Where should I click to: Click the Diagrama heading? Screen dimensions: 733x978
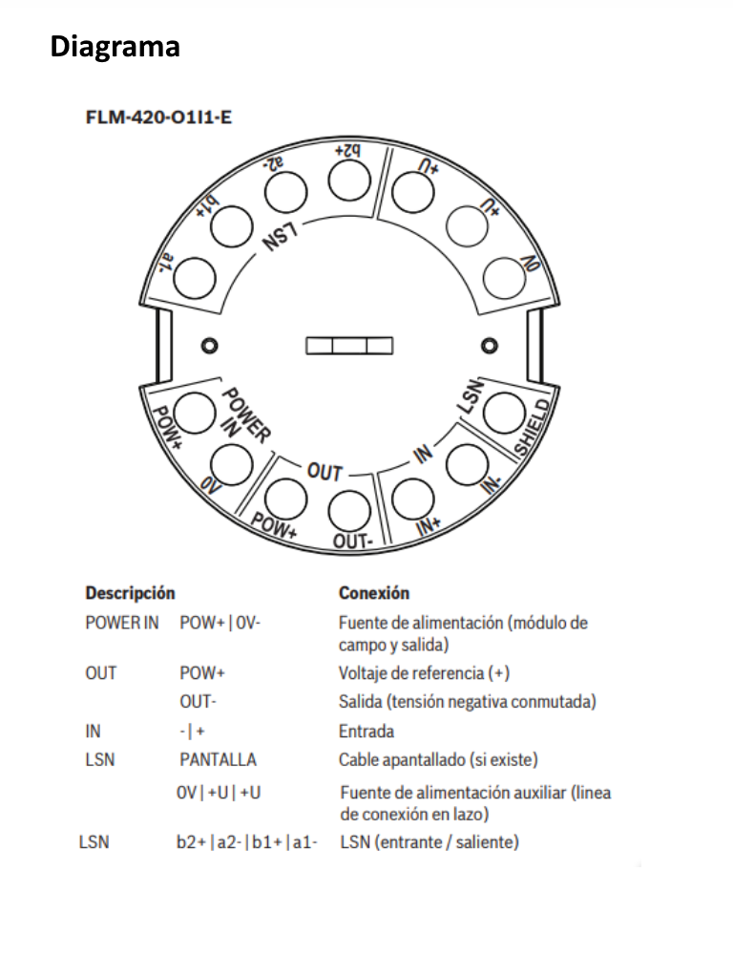115,47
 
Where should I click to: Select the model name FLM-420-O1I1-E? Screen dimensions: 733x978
159,117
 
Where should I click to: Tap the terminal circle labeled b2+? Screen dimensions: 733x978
349,181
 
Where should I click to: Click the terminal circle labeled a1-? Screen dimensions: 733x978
195,278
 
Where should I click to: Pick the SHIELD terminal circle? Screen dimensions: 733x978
504,413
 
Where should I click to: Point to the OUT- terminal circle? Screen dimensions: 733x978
349,512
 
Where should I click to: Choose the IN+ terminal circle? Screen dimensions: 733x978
413,500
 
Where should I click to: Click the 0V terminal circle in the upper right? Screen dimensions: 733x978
504,278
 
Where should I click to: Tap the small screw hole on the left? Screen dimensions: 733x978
209,346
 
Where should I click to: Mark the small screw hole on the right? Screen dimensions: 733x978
490,346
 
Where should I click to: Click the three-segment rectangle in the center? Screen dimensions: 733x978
349,346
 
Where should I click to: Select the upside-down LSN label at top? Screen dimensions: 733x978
280,237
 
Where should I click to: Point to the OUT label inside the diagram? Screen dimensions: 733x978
325,472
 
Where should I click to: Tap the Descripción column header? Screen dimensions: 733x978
130,593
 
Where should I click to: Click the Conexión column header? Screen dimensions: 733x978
374,592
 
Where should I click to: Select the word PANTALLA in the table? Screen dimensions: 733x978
219,759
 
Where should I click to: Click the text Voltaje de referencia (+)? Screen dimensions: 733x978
425,673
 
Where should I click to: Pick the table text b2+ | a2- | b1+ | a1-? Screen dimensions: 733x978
247,842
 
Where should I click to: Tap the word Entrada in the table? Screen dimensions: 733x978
366,731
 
